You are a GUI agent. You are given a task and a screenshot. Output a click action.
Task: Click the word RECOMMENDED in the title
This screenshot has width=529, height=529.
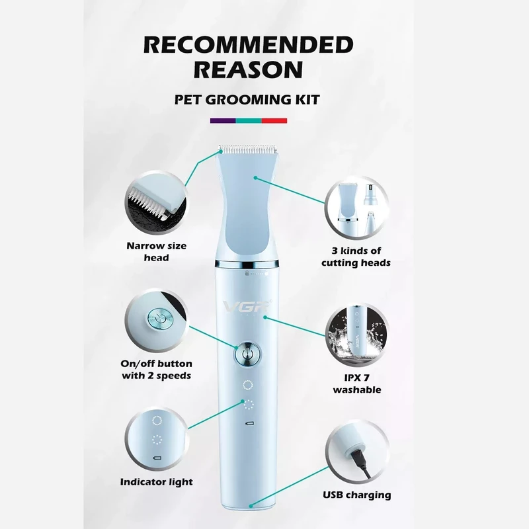[x=249, y=44]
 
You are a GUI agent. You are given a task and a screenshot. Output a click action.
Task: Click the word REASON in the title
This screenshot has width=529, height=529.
[x=249, y=69]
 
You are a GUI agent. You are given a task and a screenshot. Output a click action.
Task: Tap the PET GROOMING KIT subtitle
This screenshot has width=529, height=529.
[x=247, y=100]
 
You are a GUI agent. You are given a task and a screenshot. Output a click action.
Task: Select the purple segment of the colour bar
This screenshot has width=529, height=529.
[x=223, y=120]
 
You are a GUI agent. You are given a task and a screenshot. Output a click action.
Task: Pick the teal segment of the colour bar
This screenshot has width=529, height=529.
[x=249, y=120]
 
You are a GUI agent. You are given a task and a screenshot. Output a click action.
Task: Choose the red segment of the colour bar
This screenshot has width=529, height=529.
[x=274, y=120]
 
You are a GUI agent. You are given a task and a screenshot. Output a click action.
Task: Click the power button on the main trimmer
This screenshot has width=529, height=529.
[x=247, y=354]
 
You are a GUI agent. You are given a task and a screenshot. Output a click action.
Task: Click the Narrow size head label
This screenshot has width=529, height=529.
[x=156, y=252]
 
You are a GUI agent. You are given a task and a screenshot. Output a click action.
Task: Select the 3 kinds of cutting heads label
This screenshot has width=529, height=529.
[x=356, y=257]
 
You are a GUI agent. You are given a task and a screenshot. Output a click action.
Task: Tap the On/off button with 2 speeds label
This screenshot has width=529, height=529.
[x=157, y=370]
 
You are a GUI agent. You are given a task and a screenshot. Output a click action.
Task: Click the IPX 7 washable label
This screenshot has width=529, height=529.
[x=357, y=384]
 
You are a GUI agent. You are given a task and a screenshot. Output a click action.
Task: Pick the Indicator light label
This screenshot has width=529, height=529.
[x=157, y=482]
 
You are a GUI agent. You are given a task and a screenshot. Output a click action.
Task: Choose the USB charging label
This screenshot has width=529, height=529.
[x=357, y=495]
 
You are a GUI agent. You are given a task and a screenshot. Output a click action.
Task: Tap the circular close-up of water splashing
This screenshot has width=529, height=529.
[x=357, y=335]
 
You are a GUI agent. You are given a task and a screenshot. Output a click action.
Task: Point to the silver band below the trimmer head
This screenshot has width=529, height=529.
[x=247, y=263]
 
